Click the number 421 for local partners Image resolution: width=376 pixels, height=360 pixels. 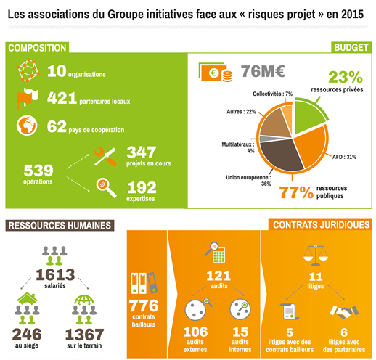pos(62,98)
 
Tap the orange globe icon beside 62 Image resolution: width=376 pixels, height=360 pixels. pos(27,126)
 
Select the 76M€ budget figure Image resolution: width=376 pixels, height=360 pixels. pos(263,71)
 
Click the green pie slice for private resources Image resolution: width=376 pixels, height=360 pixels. pos(308,117)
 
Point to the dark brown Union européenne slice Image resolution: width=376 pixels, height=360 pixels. pos(281,154)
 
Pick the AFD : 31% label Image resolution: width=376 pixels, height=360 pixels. pos(344,157)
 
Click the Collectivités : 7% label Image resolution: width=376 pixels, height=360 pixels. pos(272,94)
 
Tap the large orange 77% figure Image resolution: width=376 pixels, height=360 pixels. pos(296,192)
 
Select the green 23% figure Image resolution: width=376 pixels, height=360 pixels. pos(346,77)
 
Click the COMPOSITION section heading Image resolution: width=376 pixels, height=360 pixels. pos(37,48)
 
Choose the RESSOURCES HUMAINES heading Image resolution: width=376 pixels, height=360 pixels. pos(60,225)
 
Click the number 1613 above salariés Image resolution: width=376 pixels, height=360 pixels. pos(55,274)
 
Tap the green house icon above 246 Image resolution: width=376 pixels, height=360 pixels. pos(27,298)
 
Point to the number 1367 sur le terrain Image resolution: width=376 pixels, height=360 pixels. pos(84,335)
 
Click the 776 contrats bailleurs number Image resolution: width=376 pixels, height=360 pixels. pos(144,306)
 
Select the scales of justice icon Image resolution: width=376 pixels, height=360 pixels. pos(316,255)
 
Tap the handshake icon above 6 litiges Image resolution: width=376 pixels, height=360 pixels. pos(344,311)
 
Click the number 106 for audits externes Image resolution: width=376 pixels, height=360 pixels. pos(195,332)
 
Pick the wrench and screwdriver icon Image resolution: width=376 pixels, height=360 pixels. pos(105,156)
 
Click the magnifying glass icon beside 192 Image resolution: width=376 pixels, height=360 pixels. pos(106,188)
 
